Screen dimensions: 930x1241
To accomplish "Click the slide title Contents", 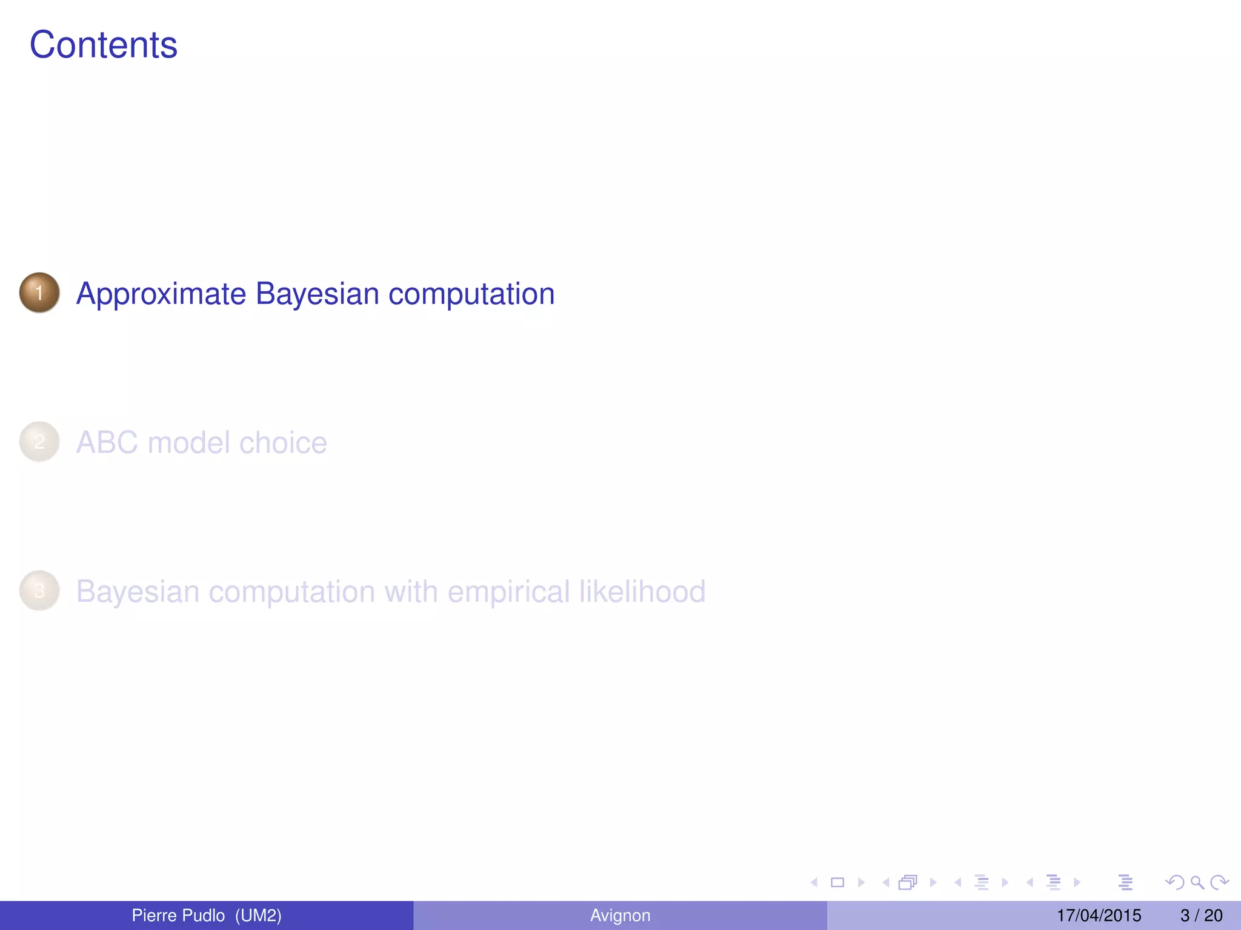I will (x=104, y=45).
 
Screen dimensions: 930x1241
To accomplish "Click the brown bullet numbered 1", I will (x=39, y=293).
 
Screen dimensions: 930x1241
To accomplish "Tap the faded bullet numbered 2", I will (x=39, y=442).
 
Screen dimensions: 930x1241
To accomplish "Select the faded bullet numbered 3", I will (x=39, y=591).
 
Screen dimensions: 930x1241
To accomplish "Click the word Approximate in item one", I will (x=161, y=294).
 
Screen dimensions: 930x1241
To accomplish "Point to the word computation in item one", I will (x=471, y=294).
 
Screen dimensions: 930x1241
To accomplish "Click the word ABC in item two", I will (x=107, y=443).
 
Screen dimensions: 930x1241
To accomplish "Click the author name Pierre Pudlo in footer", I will (x=178, y=915).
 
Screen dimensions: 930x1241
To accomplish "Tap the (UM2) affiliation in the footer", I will (x=258, y=915).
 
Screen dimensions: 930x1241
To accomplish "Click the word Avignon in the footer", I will (x=620, y=915).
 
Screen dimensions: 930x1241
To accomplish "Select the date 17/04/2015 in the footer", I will (x=1099, y=915).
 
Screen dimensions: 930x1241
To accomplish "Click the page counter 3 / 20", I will (x=1201, y=915).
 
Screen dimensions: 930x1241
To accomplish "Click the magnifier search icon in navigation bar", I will (x=1197, y=883).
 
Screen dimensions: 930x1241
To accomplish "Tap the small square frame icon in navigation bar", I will (x=837, y=883).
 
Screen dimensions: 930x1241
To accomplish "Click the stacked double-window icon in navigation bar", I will (x=908, y=883).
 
